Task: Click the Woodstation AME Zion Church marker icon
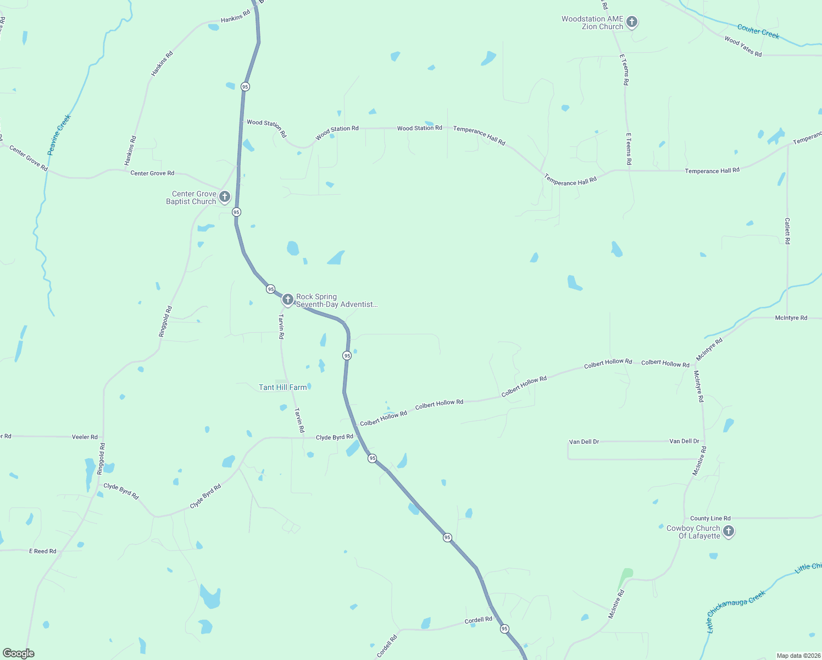tap(632, 22)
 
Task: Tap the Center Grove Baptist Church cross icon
tap(224, 196)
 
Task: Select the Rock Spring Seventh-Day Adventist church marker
tap(287, 299)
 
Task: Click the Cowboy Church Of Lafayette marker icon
tap(729, 531)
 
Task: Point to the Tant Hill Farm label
tap(282, 387)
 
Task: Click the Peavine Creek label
tap(59, 135)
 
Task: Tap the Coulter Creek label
tap(758, 31)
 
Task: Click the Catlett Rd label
tap(787, 231)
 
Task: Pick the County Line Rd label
tap(710, 518)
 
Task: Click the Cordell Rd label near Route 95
tap(479, 620)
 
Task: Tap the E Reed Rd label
tap(43, 551)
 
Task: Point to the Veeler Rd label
tap(85, 437)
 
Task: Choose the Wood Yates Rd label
tap(743, 47)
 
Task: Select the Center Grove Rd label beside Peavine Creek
tap(29, 158)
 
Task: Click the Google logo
tap(19, 653)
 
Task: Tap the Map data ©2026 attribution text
tap(798, 656)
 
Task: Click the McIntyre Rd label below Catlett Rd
tap(791, 318)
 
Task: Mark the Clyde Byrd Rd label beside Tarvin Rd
tap(334, 437)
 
